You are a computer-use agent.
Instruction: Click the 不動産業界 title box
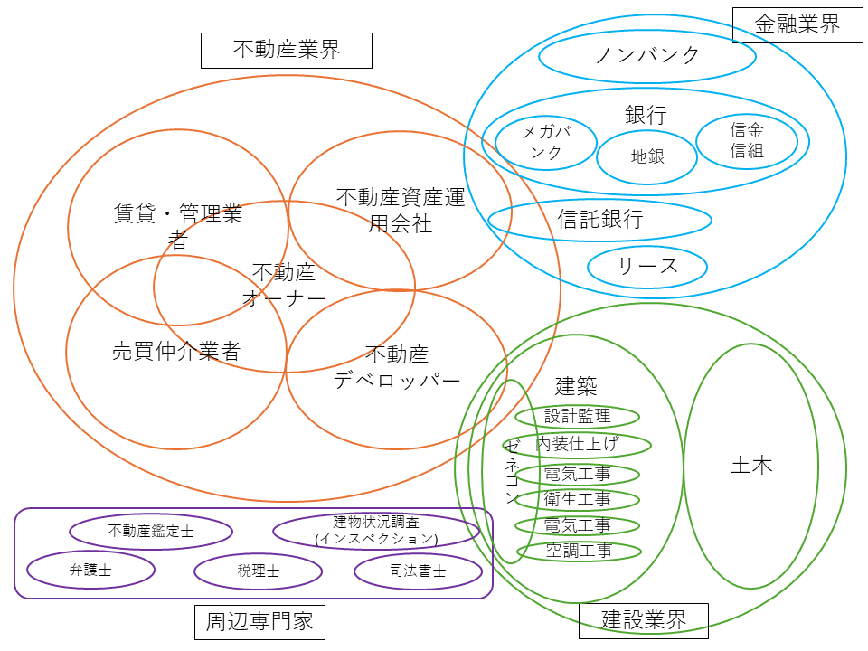click(287, 50)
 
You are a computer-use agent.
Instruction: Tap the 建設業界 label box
click(644, 619)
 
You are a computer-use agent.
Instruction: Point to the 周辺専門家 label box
click(259, 621)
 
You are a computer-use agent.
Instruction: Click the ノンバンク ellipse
click(647, 56)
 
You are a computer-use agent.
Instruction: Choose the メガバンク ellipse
click(546, 143)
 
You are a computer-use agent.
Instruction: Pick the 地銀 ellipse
click(647, 156)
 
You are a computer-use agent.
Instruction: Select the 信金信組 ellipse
click(747, 141)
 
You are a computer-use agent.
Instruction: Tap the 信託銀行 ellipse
click(600, 220)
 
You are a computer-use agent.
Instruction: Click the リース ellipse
click(647, 267)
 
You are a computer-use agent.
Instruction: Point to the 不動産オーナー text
click(284, 286)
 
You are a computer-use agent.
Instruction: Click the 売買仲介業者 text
click(176, 351)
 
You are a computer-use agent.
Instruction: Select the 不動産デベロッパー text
click(396, 366)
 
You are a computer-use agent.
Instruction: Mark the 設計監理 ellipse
click(578, 416)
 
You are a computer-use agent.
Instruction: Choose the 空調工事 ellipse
click(579, 551)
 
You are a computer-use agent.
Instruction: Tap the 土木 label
click(751, 467)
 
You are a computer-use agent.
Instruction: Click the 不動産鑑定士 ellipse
click(151, 532)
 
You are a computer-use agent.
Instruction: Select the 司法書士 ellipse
click(418, 571)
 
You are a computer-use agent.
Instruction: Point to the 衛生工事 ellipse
click(578, 499)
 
